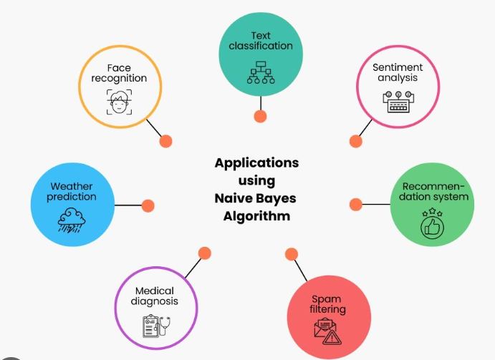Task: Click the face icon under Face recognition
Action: [x=119, y=101]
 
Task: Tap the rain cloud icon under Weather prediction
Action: [x=72, y=219]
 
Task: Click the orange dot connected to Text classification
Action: [x=260, y=116]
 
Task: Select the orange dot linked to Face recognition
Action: [x=165, y=141]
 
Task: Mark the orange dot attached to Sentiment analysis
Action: [x=356, y=141]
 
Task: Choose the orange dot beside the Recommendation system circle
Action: [x=355, y=205]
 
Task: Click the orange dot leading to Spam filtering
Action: [x=291, y=254]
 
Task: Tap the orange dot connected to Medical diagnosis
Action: [x=205, y=253]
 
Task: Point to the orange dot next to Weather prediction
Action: [x=148, y=205]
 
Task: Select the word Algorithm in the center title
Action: [x=256, y=216]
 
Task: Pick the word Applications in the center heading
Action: [x=256, y=162]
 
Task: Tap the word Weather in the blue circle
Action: [x=72, y=186]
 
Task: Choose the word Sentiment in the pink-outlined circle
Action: [x=398, y=67]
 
